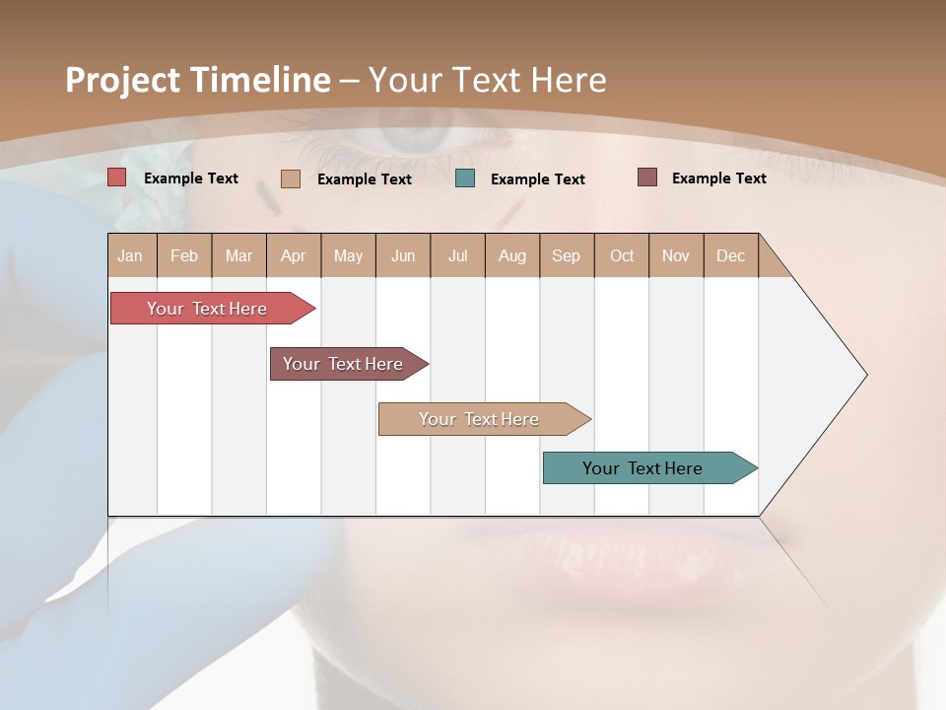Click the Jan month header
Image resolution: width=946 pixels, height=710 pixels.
tap(130, 255)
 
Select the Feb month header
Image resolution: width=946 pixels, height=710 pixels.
tap(184, 255)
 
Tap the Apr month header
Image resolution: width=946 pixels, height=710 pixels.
tap(293, 255)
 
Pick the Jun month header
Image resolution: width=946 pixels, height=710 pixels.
tap(403, 255)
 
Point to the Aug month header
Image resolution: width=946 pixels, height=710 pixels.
tap(511, 255)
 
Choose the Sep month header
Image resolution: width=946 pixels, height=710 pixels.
tap(566, 255)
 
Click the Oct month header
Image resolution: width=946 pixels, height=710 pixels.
tap(622, 255)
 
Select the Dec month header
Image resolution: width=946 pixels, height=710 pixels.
tap(730, 255)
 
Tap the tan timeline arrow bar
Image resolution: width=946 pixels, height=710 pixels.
tap(480, 419)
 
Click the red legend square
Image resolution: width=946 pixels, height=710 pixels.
tap(117, 177)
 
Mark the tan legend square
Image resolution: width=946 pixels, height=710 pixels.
tap(291, 178)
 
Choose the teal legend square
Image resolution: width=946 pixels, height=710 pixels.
tap(465, 178)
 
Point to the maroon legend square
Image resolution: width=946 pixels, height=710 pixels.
tap(647, 177)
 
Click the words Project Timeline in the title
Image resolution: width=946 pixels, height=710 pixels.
tap(197, 80)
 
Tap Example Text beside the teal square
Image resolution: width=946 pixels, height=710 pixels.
tap(537, 179)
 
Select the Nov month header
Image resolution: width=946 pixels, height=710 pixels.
tap(676, 255)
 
